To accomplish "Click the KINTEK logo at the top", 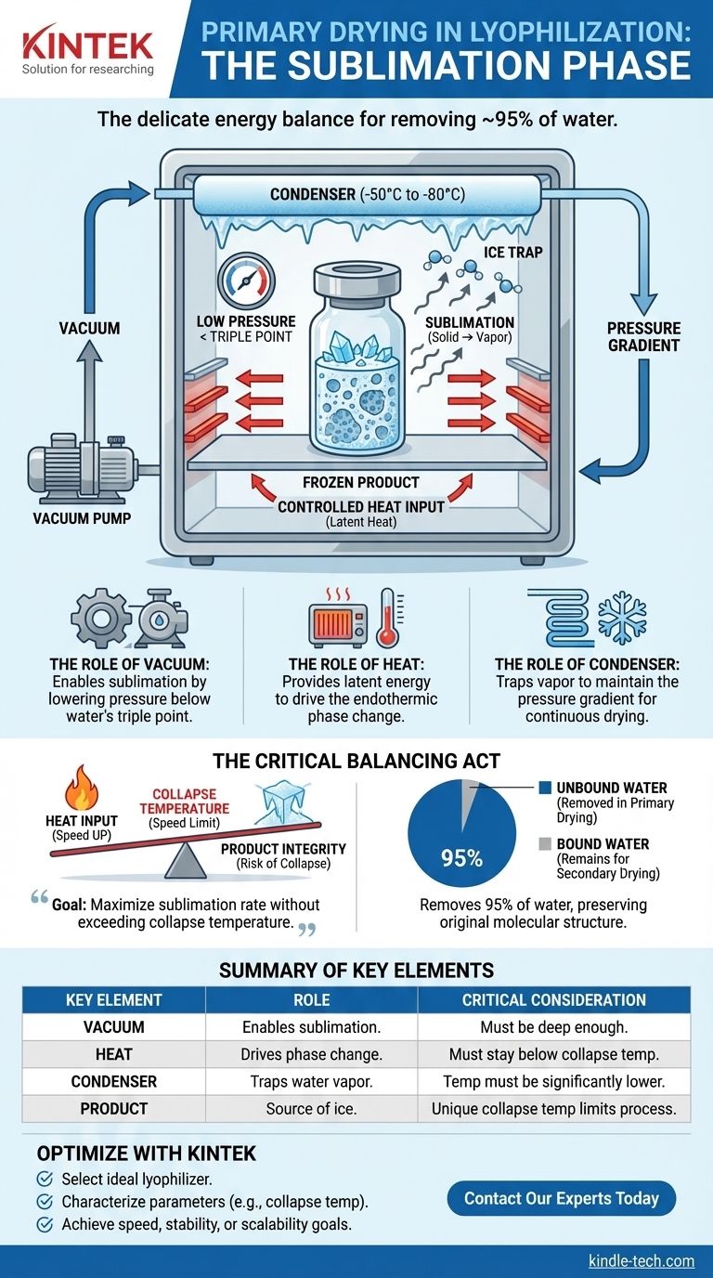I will point(87,44).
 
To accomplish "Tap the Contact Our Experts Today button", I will point(561,1198).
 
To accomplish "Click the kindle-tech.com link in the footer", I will point(641,1260).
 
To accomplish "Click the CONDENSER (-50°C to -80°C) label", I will point(367,194).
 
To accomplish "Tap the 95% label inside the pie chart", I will point(461,858).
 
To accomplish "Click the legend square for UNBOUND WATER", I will point(545,788).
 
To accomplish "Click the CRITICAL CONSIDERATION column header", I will point(554,1000).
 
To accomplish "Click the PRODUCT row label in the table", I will point(113,1108).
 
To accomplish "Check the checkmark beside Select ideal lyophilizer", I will point(44,1179).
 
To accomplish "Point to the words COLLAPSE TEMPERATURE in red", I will point(184,802).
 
